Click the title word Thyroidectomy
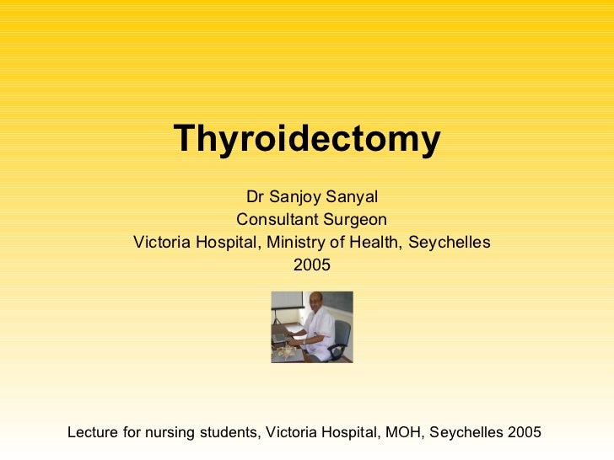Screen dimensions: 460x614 [307, 140]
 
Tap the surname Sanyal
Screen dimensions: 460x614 [356, 198]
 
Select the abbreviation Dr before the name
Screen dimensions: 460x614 [255, 198]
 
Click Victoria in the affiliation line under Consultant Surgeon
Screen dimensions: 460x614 [163, 243]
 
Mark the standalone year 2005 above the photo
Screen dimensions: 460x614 [311, 265]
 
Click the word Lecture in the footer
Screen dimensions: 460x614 [92, 433]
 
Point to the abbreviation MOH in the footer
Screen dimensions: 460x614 [404, 433]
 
